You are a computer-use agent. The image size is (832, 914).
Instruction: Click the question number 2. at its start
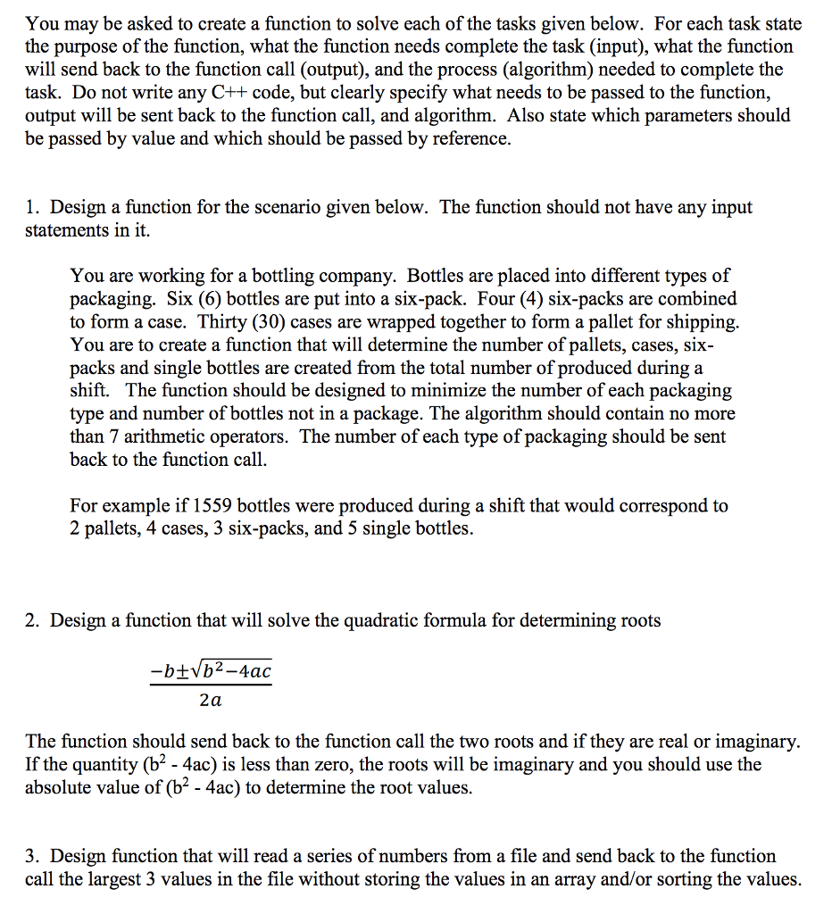[33, 620]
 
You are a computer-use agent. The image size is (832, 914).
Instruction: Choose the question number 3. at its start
[33, 856]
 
